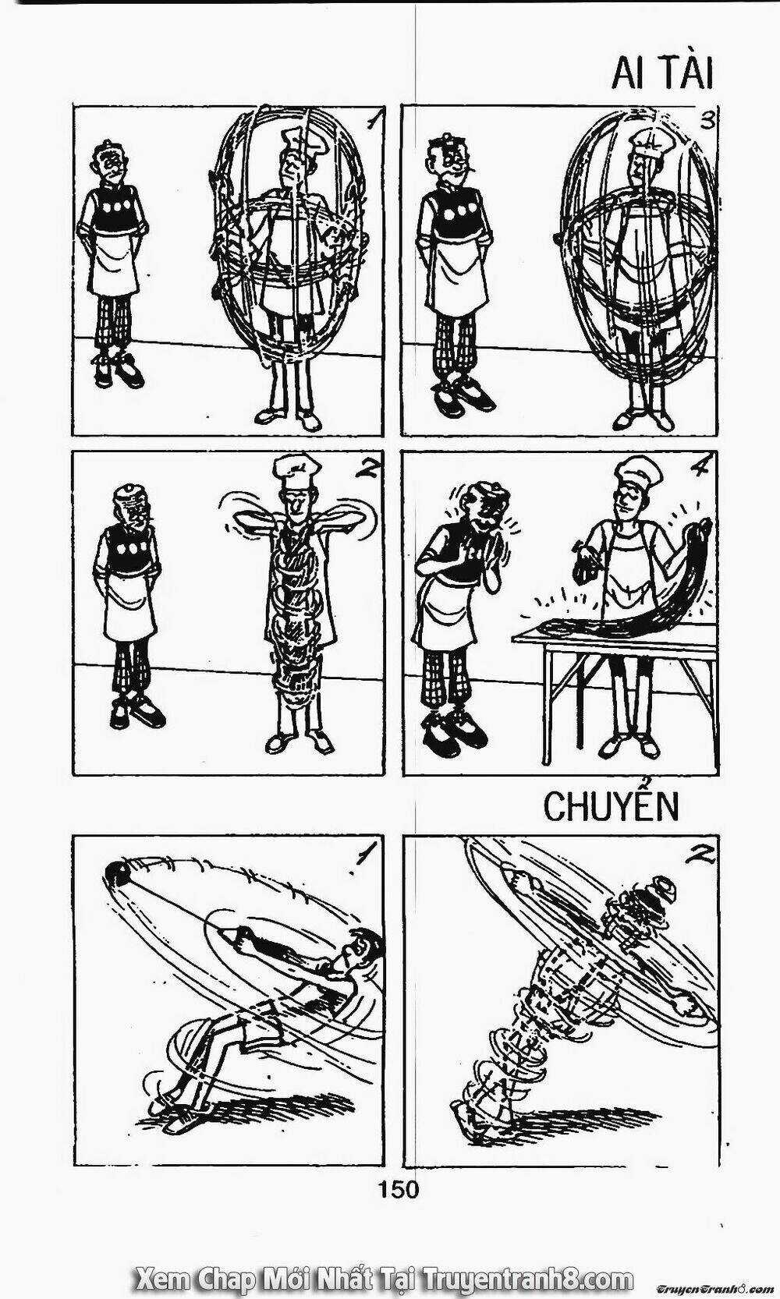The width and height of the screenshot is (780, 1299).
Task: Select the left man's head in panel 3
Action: [x=450, y=160]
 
